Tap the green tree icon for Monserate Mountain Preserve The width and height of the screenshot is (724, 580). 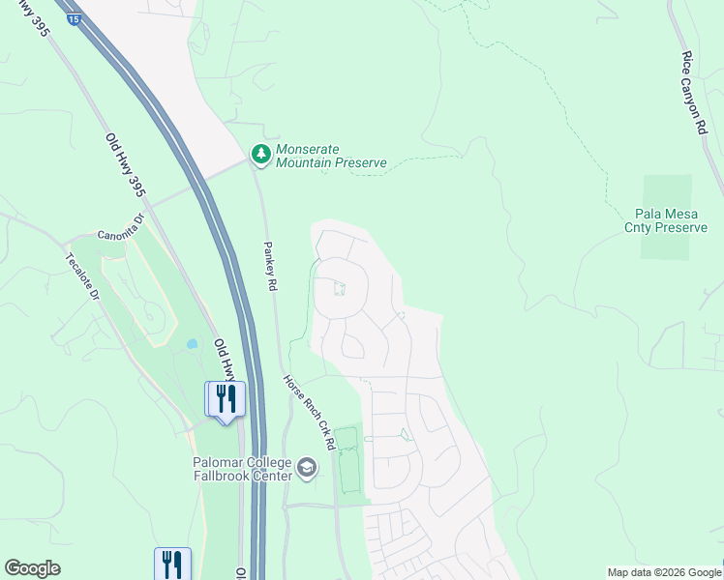260,154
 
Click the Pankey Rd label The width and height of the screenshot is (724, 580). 272,267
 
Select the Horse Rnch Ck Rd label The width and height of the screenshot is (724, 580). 309,412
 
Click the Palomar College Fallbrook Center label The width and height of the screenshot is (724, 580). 244,469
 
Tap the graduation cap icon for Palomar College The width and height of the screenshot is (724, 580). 307,469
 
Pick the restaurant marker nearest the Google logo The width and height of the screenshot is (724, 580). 172,563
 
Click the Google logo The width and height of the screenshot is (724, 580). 32,568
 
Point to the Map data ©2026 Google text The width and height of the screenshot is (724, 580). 664,572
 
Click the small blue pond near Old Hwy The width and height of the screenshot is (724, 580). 192,343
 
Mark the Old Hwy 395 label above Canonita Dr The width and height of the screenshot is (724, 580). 126,165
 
